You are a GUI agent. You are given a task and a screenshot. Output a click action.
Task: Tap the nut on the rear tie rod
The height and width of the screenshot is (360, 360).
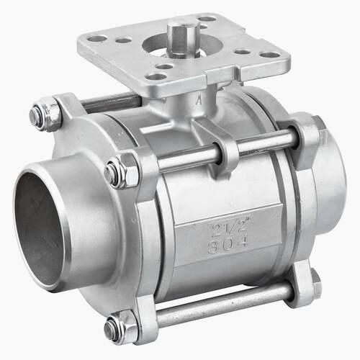tap(45, 113)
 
